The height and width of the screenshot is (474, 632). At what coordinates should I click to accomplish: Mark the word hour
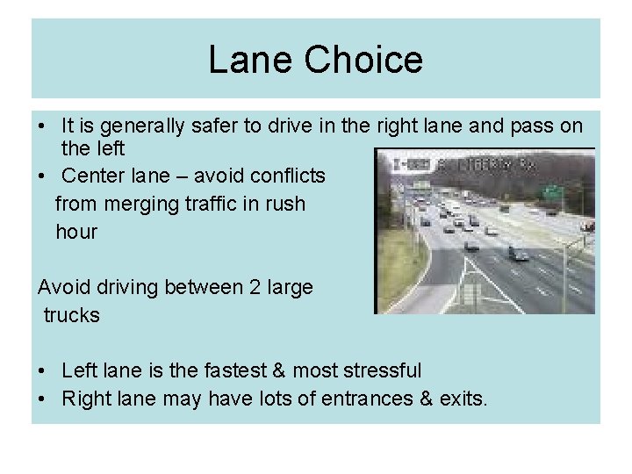pyautogui.click(x=76, y=233)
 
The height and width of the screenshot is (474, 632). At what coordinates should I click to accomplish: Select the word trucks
pyautogui.click(x=72, y=315)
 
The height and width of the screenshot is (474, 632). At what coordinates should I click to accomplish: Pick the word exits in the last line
pyautogui.click(x=462, y=399)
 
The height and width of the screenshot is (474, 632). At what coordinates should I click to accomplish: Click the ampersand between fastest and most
pyautogui.click(x=271, y=371)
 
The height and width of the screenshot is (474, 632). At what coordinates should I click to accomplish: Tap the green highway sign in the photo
pyautogui.click(x=551, y=191)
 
